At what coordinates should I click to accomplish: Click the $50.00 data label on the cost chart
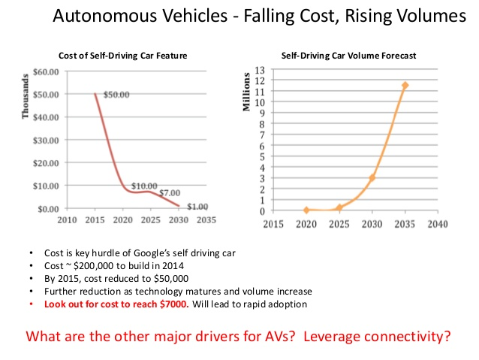click(117, 95)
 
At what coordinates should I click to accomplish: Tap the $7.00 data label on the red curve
click(170, 194)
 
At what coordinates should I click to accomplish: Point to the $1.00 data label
click(197, 207)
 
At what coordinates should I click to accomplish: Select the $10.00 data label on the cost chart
click(144, 186)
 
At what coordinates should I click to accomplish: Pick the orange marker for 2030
click(372, 177)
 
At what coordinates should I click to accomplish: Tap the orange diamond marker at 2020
click(307, 210)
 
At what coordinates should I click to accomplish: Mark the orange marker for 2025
click(339, 207)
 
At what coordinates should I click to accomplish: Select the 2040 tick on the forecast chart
click(438, 225)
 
